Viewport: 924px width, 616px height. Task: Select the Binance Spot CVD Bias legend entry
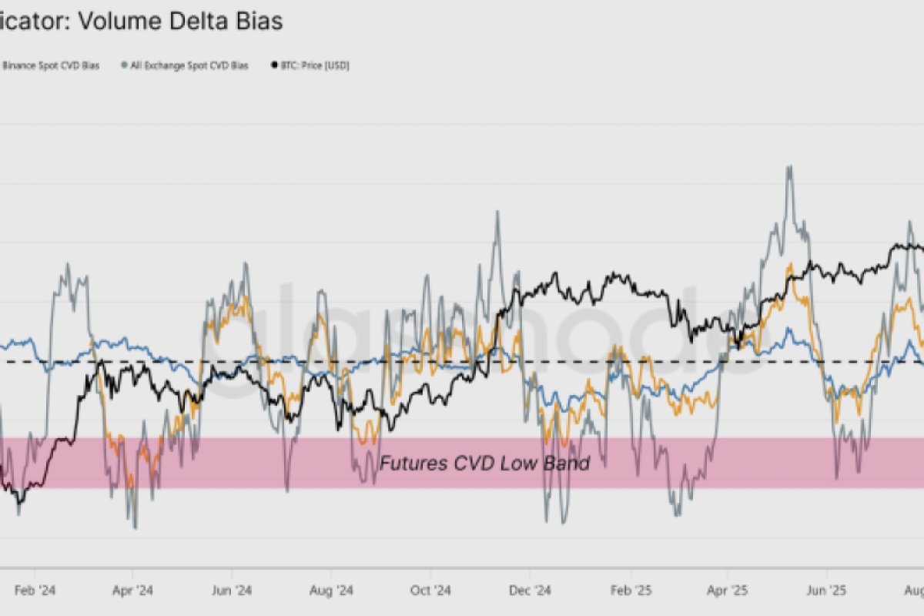[50, 65]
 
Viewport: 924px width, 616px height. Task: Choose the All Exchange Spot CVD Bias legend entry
[188, 65]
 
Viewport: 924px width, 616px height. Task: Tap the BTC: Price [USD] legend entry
[314, 65]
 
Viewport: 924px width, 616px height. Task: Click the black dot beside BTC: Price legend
[274, 65]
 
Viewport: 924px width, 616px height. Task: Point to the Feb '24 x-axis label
[35, 591]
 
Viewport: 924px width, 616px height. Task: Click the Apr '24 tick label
[133, 591]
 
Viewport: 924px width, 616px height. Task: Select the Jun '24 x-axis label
[232, 591]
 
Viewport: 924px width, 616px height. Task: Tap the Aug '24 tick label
[332, 591]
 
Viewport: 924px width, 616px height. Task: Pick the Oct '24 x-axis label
[431, 591]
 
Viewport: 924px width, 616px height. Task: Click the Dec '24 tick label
[531, 591]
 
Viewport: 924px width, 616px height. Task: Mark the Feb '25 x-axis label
[631, 591]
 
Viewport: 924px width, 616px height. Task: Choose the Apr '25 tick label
[728, 591]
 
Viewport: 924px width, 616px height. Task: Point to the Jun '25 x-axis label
[827, 591]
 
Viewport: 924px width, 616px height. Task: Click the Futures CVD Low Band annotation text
[484, 463]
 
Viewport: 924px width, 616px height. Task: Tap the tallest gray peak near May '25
[788, 167]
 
